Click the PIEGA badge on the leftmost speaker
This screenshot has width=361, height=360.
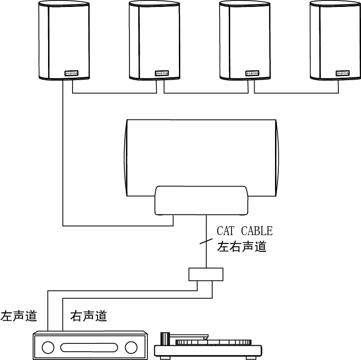(x=71, y=73)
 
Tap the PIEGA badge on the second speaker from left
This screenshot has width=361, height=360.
(x=162, y=73)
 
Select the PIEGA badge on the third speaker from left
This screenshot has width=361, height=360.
(x=252, y=73)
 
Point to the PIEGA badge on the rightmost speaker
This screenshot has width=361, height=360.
(x=343, y=73)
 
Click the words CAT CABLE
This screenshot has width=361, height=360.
(x=245, y=231)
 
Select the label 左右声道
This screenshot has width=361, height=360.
(x=242, y=247)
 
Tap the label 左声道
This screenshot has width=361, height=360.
(x=18, y=317)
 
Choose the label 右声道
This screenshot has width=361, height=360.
(x=89, y=317)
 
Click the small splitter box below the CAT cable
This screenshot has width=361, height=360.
(x=206, y=274)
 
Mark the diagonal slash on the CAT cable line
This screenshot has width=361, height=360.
(x=206, y=241)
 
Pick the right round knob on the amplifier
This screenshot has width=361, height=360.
(x=131, y=347)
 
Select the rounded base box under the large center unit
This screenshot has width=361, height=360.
(x=202, y=200)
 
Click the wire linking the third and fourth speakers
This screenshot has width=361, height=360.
(x=295, y=93)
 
